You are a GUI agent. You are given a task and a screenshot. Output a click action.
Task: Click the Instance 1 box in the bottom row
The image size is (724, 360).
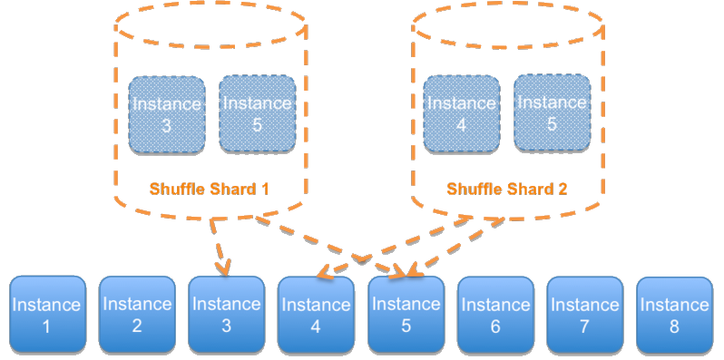click(47, 315)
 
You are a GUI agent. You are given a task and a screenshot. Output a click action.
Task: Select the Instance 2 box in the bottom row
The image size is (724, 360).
click(136, 315)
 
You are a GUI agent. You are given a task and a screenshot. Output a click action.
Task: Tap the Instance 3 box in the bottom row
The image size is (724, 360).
click(226, 315)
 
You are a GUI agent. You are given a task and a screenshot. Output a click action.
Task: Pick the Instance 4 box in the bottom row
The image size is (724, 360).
click(316, 315)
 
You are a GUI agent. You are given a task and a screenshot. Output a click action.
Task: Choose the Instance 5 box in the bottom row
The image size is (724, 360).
click(406, 315)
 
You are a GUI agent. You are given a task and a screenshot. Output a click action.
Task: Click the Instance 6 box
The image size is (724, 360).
click(495, 315)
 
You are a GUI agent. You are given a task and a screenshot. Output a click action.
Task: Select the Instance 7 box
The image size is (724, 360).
click(584, 315)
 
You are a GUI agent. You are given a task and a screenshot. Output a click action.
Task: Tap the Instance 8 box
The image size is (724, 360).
click(674, 315)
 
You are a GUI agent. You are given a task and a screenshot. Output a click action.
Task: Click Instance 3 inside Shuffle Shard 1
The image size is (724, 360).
click(167, 113)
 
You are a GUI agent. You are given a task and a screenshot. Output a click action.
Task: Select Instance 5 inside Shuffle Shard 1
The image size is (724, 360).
click(257, 113)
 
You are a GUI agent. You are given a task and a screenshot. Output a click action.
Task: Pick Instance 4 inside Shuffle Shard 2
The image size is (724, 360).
click(462, 113)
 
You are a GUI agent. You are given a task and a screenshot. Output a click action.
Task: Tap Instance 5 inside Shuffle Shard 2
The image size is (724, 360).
click(552, 113)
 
